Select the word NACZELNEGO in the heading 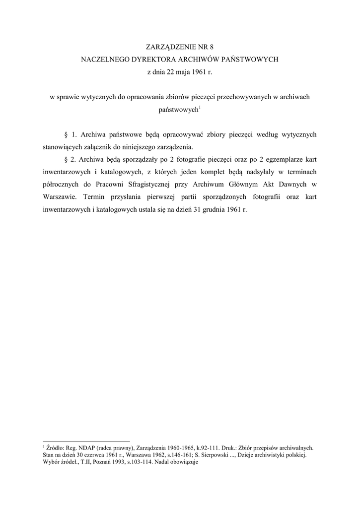pyautogui.click(x=103, y=60)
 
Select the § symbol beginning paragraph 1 pyautogui.click(x=66, y=135)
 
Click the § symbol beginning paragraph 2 pyautogui.click(x=66, y=160)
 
